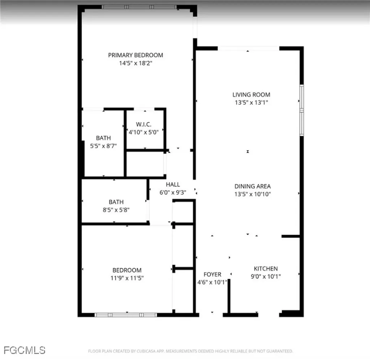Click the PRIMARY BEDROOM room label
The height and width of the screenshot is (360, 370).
point(135,55)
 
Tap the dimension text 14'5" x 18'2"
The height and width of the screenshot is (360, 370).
point(135,63)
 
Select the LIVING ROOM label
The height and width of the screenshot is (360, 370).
point(251,95)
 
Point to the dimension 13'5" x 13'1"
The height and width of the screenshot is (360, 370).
point(251,102)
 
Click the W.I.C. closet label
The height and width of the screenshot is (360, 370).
point(143,124)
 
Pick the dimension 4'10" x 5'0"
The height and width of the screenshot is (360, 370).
point(143,132)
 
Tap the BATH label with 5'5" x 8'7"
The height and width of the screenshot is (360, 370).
point(103,138)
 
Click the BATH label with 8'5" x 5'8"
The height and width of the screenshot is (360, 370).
point(116,202)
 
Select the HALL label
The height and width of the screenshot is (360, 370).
point(173,185)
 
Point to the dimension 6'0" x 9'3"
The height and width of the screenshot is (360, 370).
point(173,192)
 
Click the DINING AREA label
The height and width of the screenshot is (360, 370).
point(253,187)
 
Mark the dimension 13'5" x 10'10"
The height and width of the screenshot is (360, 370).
point(253,194)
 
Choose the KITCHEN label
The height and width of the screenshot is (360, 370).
point(266,269)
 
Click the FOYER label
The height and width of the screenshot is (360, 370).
point(212,275)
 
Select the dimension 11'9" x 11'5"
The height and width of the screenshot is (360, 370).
point(126,278)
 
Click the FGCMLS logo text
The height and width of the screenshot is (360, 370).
point(25,350)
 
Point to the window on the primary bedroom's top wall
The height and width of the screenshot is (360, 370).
point(139,7)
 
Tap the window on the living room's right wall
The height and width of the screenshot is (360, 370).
point(301,110)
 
